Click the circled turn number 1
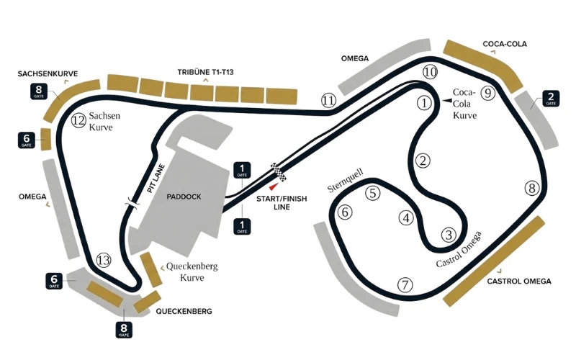(425, 103)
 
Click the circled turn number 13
(104, 261)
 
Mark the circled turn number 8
(532, 189)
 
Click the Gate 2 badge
(551, 99)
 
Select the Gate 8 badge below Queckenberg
(124, 330)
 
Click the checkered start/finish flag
(278, 171)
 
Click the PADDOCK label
(183, 196)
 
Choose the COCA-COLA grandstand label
(505, 44)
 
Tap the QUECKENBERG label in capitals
(184, 312)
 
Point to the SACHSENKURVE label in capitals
(49, 73)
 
